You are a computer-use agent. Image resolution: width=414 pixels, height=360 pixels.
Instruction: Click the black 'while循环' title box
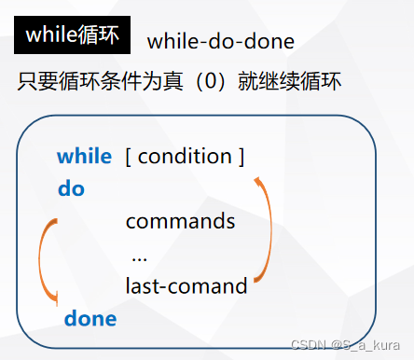click(x=72, y=35)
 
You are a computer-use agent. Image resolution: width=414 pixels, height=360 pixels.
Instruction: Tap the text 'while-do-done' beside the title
click(x=221, y=41)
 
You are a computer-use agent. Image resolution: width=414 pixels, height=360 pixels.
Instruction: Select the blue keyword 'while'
click(x=84, y=156)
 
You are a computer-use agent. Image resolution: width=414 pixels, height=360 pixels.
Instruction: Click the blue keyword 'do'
click(x=71, y=189)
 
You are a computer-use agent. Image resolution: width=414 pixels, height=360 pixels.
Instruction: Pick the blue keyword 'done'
click(x=90, y=319)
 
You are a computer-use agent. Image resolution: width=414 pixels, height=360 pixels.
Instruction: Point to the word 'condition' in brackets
click(x=186, y=156)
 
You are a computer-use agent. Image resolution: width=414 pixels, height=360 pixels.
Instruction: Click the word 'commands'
click(x=180, y=222)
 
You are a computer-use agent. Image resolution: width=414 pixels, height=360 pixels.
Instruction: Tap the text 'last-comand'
click(x=186, y=286)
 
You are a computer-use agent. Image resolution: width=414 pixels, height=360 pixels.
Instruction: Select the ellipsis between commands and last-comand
click(x=140, y=256)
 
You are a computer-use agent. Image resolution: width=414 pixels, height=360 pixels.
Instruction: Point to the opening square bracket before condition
click(x=129, y=156)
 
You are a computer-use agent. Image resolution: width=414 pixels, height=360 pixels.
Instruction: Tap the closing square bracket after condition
click(x=241, y=156)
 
